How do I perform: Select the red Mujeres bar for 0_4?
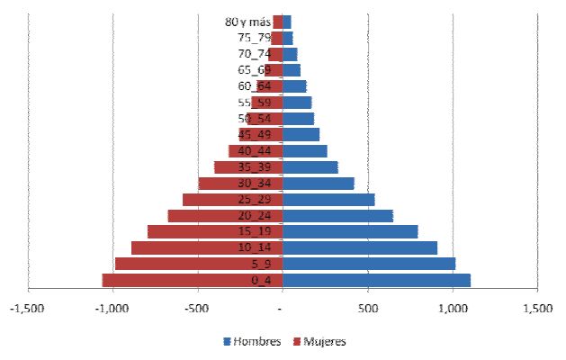(171, 280)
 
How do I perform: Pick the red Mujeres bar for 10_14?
(207, 247)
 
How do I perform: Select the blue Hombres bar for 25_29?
(328, 200)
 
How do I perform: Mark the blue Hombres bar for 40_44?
(305, 150)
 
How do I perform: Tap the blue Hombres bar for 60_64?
(294, 86)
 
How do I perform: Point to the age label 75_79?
(255, 38)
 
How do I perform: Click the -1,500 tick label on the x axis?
(28, 310)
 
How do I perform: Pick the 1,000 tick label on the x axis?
(453, 310)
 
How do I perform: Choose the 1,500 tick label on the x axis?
(537, 310)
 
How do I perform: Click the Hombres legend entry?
(252, 342)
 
